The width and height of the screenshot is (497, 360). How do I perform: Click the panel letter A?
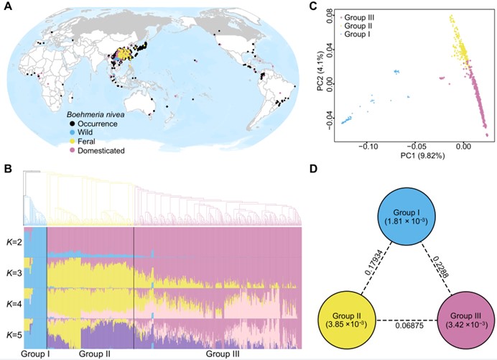click(9, 9)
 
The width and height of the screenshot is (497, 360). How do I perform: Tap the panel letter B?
click(9, 168)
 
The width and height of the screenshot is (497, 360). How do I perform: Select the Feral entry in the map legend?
click(80, 142)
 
